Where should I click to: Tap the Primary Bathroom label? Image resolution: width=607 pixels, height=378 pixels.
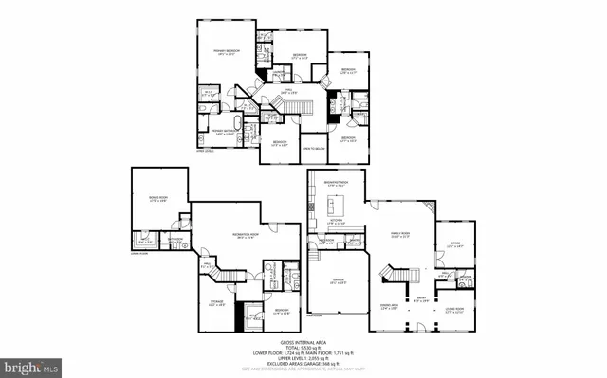222,133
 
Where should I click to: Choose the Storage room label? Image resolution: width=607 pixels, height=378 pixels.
217,303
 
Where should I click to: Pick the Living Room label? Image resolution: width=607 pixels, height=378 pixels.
452,310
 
